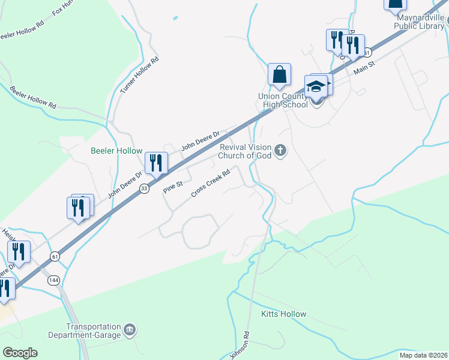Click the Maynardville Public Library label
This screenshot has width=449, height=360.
[x=420, y=22]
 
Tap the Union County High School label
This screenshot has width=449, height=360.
[x=283, y=100]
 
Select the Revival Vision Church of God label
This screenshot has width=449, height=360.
[x=247, y=151]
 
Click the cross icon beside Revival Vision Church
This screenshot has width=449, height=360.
[x=280, y=151]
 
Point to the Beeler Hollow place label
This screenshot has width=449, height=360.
[x=116, y=151]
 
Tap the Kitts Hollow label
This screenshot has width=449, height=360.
[x=283, y=314]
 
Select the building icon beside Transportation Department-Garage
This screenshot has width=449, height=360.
[x=130, y=331]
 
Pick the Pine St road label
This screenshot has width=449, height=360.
[x=172, y=189]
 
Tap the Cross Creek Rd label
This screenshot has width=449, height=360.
[x=211, y=184]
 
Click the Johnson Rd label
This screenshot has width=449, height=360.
[x=239, y=344]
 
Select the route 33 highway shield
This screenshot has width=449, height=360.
[x=144, y=189]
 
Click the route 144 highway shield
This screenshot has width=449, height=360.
[x=53, y=280]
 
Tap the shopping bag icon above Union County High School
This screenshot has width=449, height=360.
[x=280, y=75]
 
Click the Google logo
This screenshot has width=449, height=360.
[x=20, y=353]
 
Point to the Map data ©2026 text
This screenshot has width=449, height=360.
[x=423, y=355]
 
